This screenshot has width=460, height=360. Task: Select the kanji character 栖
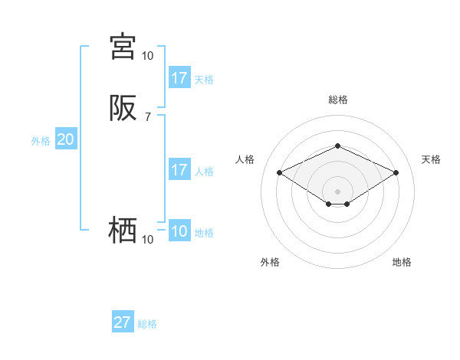123,230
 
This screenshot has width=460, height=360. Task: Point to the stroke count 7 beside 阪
148,117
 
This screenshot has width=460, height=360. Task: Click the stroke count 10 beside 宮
147,55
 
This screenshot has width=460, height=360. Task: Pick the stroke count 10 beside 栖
147,240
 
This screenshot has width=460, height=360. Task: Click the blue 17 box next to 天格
179,78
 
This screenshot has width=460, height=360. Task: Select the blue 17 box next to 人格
179,170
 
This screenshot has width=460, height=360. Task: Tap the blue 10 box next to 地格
179,232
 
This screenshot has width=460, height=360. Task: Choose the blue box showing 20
65,139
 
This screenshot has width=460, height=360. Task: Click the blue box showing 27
122,322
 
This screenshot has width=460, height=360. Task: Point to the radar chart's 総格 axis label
337,100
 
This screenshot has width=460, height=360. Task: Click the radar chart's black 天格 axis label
431,159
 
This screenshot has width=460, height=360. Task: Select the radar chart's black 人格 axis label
245,159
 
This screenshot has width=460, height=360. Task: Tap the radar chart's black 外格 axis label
270,262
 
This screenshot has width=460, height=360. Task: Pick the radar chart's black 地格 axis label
402,262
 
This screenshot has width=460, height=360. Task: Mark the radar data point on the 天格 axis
396,172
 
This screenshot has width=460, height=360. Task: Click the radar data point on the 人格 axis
279,172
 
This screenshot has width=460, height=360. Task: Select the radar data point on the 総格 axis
337,146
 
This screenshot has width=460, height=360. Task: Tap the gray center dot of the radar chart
337,191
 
